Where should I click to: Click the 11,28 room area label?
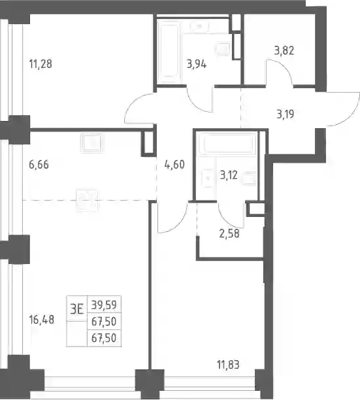pos(41,64)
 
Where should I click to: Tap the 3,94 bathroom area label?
pos(197,64)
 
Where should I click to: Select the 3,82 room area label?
pos(284,50)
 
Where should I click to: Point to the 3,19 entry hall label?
pos(286,114)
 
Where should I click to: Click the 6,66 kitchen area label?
pos(39,165)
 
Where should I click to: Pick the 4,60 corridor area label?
pos(174,165)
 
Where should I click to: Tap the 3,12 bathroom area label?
pos(229,175)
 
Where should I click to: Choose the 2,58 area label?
pos(229,233)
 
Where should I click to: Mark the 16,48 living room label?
pos(42,320)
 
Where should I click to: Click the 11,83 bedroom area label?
pos(228,365)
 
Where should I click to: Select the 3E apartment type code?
pos(77,310)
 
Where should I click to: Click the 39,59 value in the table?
pos(104,305)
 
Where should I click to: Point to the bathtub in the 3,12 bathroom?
pos(227,143)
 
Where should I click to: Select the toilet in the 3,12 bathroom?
pos(248,178)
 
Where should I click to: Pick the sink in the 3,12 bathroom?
pos(207,178)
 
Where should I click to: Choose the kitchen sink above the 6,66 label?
pos(91,142)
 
